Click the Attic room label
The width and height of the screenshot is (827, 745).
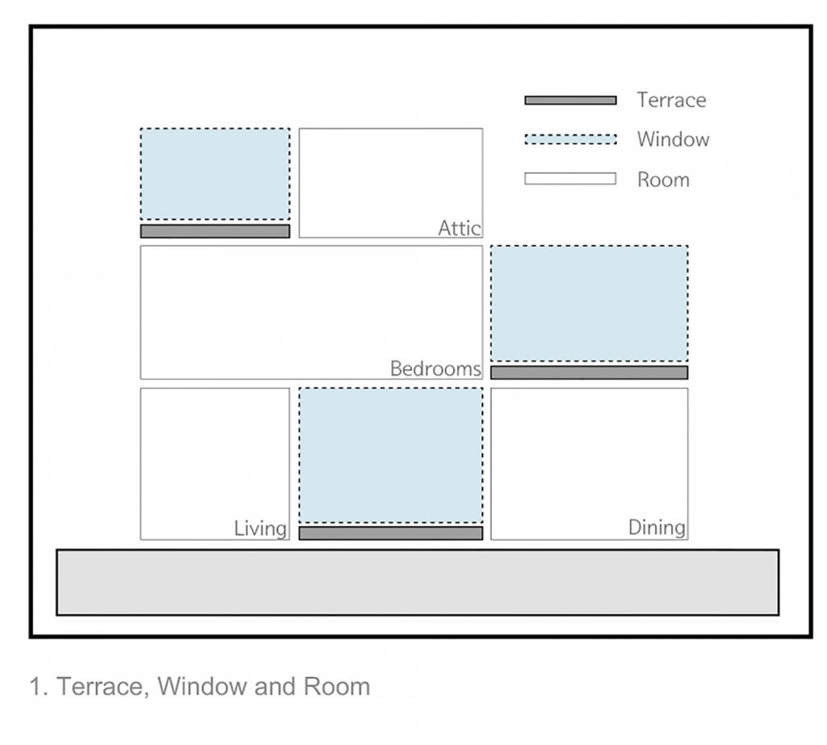pyautogui.click(x=460, y=228)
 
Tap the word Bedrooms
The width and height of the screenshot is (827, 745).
pyautogui.click(x=435, y=368)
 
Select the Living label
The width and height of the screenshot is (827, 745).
pyautogui.click(x=261, y=528)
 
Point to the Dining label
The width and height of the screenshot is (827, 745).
pyautogui.click(x=657, y=527)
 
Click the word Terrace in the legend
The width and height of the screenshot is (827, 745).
pyautogui.click(x=671, y=99)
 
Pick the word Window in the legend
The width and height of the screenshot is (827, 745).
pyautogui.click(x=673, y=139)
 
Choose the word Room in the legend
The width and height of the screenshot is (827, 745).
pyautogui.click(x=663, y=179)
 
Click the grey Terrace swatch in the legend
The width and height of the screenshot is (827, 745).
pyautogui.click(x=571, y=100)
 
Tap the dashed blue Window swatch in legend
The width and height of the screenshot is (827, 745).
pyautogui.click(x=571, y=139)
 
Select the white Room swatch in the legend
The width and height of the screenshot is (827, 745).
pyautogui.click(x=570, y=179)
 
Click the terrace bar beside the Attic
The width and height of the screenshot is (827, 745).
pyautogui.click(x=215, y=231)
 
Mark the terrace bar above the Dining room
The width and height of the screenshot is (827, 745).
pyautogui.click(x=589, y=372)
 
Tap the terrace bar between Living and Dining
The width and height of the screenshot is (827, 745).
pyautogui.click(x=391, y=533)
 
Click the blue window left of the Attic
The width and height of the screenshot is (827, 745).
pyautogui.click(x=215, y=174)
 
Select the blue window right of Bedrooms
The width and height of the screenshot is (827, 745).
pyautogui.click(x=589, y=303)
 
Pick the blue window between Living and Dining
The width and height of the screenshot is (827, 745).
pyautogui.click(x=391, y=456)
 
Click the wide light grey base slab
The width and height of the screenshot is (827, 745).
pyautogui.click(x=418, y=583)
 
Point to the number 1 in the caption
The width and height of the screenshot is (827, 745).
pyautogui.click(x=36, y=687)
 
